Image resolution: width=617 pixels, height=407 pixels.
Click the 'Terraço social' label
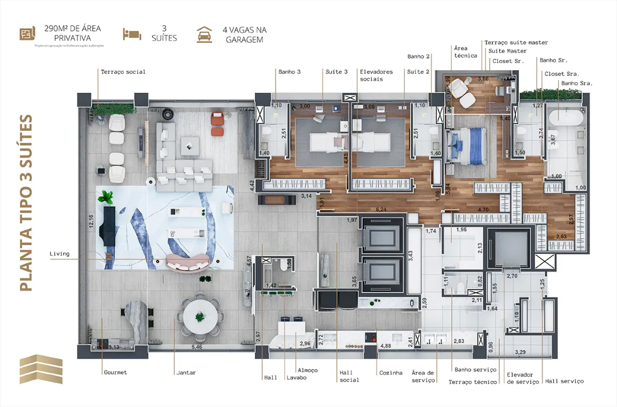coord(123,72)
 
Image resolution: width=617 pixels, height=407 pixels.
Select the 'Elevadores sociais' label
coord(371,75)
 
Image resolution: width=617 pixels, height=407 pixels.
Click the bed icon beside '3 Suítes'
coord(132,34)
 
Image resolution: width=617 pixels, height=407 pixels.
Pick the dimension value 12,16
coord(92,226)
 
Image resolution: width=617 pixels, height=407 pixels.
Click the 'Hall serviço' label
coord(564,381)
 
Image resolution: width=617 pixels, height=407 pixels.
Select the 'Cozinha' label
coord(390,373)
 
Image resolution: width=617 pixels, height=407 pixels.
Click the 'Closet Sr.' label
coord(508,61)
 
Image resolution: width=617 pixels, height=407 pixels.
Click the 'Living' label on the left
coord(59,253)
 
